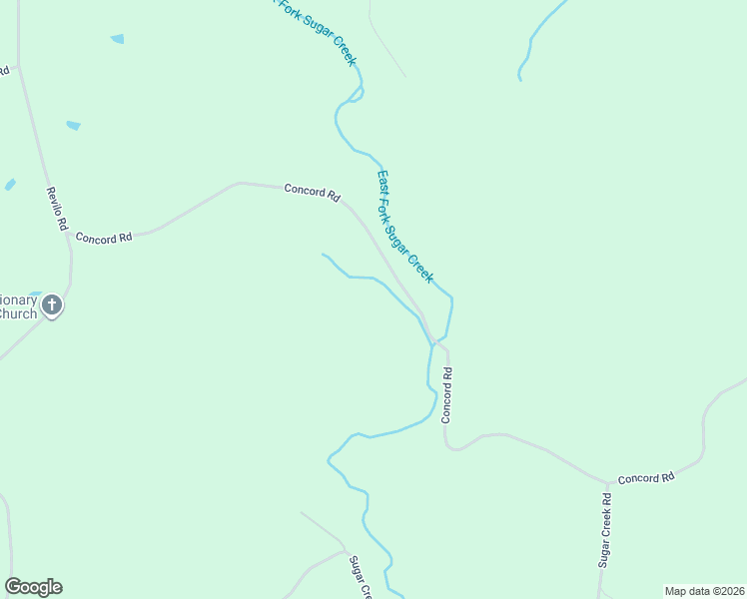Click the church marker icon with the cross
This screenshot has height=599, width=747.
click(x=52, y=305)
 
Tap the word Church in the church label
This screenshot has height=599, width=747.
click(x=18, y=313)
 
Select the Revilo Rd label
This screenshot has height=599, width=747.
click(x=56, y=210)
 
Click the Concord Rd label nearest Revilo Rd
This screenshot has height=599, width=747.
click(x=104, y=239)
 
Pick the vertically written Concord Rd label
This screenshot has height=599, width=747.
click(x=447, y=395)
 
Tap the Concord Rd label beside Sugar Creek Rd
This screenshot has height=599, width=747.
click(x=645, y=479)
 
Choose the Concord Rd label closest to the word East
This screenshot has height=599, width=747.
click(x=312, y=191)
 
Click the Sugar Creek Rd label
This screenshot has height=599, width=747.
click(x=604, y=530)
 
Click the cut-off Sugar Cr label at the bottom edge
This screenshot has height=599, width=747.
click(x=360, y=577)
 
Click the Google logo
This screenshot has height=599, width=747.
click(x=33, y=587)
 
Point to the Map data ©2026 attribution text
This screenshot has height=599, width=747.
click(x=704, y=591)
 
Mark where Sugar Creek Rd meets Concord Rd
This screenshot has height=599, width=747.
click(x=606, y=483)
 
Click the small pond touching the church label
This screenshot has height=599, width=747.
click(x=33, y=295)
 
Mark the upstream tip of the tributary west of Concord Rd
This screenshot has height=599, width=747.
click(x=322, y=254)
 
